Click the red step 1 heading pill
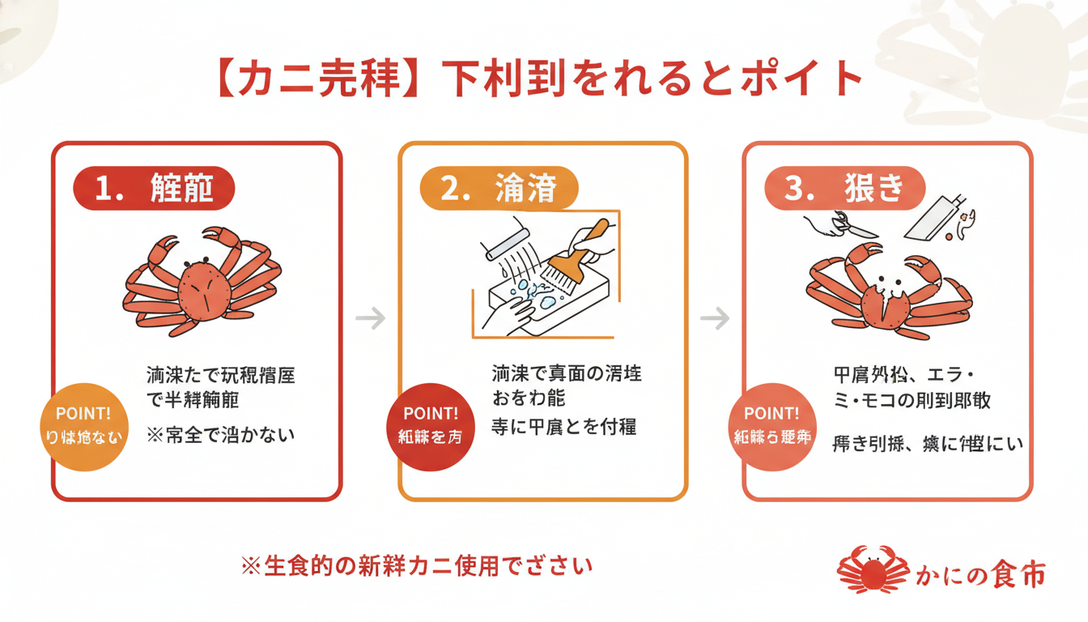[154, 189]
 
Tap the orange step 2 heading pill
[499, 189]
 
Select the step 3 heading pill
[844, 189]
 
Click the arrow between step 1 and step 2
[370, 318]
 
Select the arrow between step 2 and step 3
[715, 318]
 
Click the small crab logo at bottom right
[873, 569]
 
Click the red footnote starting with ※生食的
[417, 565]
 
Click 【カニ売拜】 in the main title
[317, 79]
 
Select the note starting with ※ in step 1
[221, 435]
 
